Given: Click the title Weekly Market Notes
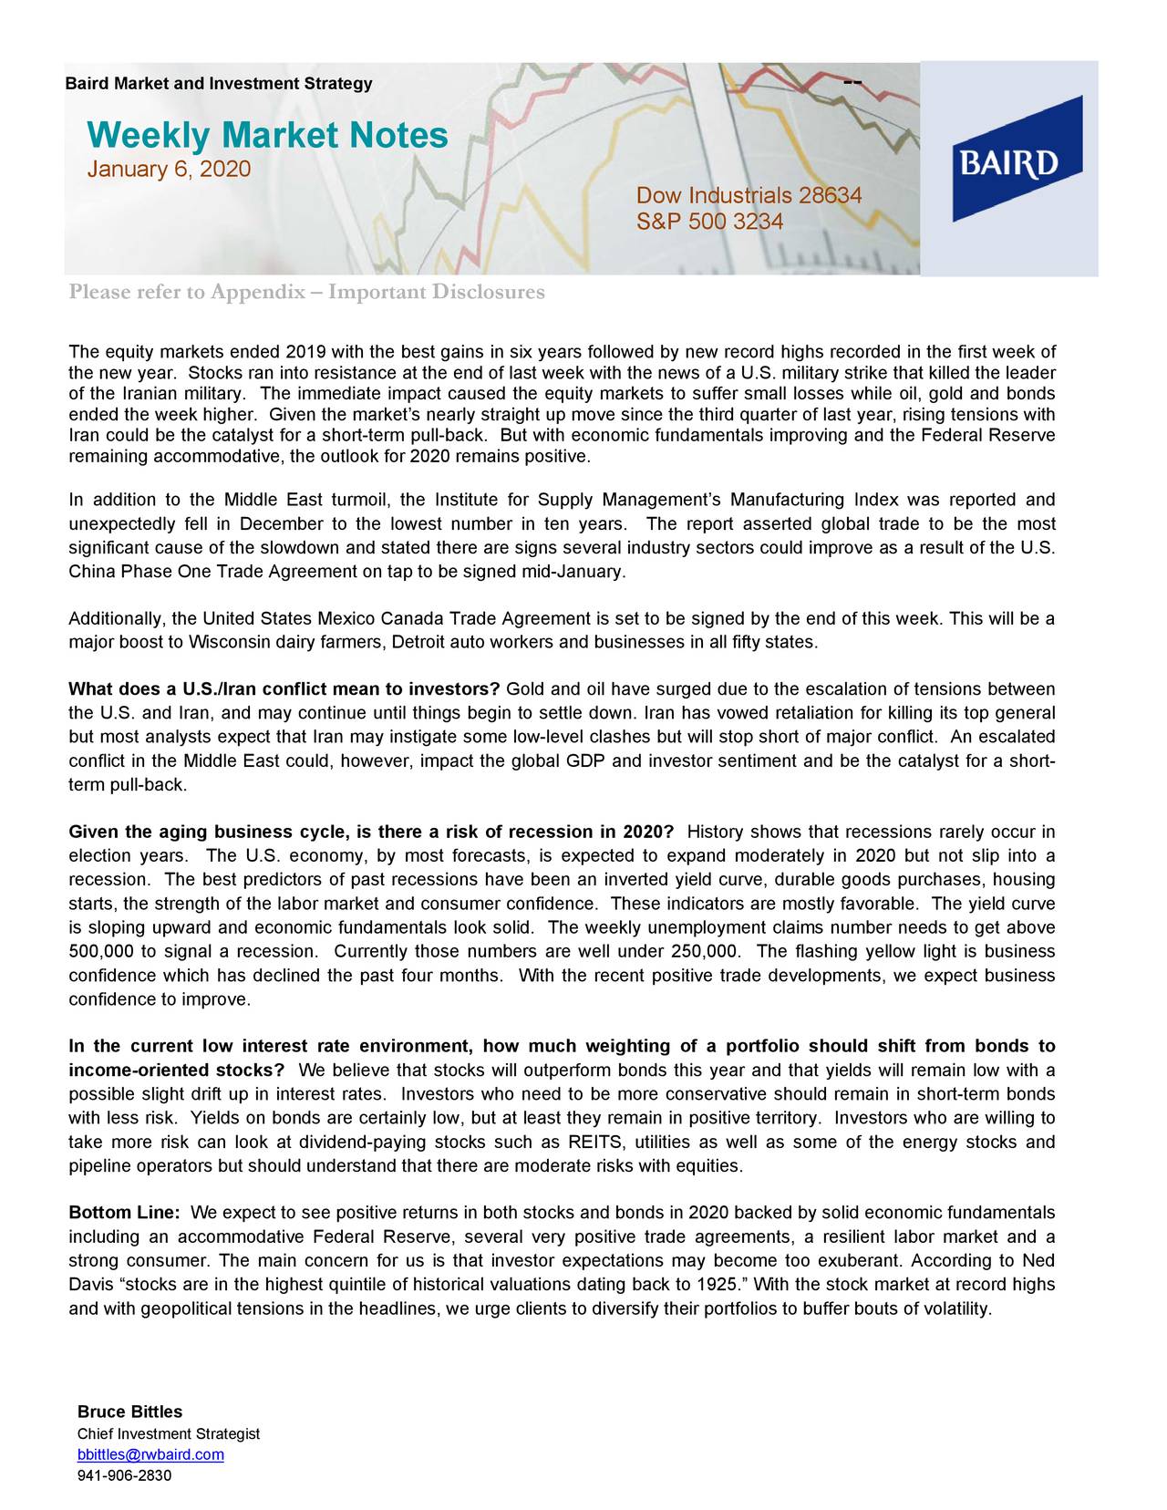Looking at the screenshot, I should (267, 136).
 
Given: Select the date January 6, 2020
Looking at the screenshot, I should (168, 171).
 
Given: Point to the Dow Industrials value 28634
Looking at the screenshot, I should (830, 197).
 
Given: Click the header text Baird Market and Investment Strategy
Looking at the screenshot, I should (219, 84).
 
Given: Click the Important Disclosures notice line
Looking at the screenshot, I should (306, 292).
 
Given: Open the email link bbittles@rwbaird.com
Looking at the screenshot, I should (150, 1454).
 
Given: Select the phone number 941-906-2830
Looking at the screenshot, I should (124, 1475).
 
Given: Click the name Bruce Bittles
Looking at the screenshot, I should (129, 1412).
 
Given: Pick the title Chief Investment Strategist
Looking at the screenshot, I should (169, 1434).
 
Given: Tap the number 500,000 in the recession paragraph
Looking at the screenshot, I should (99, 952).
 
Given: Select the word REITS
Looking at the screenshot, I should (594, 1143).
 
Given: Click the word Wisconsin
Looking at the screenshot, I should (230, 643).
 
